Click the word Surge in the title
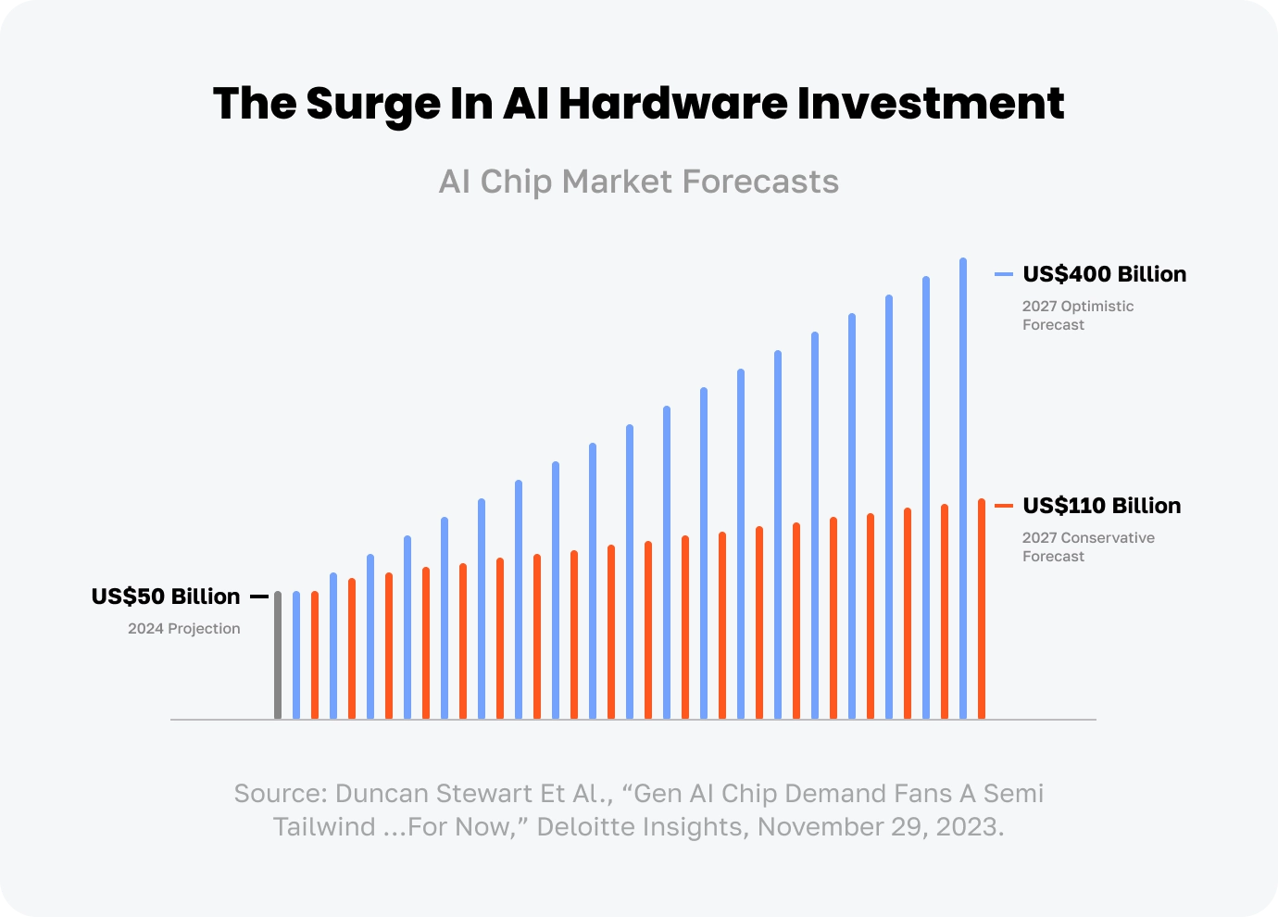pyautogui.click(x=373, y=104)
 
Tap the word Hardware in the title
pyautogui.click(x=672, y=104)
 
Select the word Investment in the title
pyautogui.click(x=930, y=104)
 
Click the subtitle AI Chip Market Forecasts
pyautogui.click(x=639, y=182)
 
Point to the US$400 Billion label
pyautogui.click(x=1104, y=274)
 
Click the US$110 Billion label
pyautogui.click(x=1101, y=506)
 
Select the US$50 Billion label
pyautogui.click(x=166, y=597)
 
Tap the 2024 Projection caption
pyautogui.click(x=184, y=629)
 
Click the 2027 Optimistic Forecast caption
pyautogui.click(x=1077, y=315)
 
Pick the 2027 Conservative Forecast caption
pyautogui.click(x=1088, y=546)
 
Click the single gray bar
pyautogui.click(x=278, y=655)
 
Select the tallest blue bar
pyautogui.click(x=963, y=488)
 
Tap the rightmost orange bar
pyautogui.click(x=982, y=609)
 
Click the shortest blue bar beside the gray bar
pyautogui.click(x=296, y=655)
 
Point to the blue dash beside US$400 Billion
pyautogui.click(x=1004, y=274)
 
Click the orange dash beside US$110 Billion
pyautogui.click(x=1004, y=506)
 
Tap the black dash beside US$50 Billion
pyautogui.click(x=259, y=597)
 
